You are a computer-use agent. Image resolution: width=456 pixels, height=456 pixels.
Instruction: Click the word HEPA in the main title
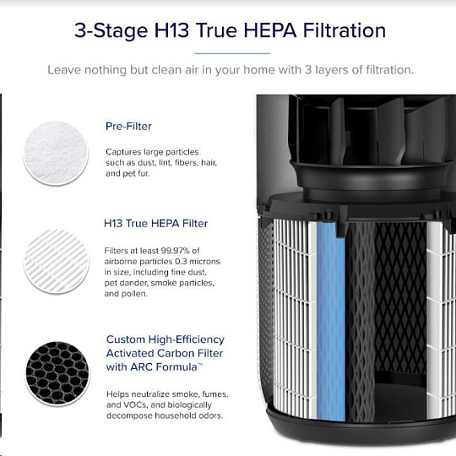pyautogui.click(x=270, y=30)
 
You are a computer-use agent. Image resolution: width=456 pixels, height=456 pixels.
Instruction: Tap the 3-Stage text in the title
pyautogui.click(x=111, y=31)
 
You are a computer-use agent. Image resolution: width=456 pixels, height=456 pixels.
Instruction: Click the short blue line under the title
pyautogui.click(x=232, y=53)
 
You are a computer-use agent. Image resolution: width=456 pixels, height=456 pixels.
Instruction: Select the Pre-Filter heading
pyautogui.click(x=128, y=126)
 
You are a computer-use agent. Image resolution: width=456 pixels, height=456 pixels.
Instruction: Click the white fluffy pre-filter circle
pyautogui.click(x=56, y=153)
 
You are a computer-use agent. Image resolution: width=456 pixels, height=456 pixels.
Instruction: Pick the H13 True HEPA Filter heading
pyautogui.click(x=156, y=223)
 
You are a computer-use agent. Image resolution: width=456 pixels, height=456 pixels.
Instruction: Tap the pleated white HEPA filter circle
pyautogui.click(x=57, y=261)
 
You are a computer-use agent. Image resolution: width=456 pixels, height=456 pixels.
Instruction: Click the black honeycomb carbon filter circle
pyautogui.click(x=57, y=373)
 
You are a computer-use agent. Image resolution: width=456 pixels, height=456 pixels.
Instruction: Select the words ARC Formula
pyautogui.click(x=164, y=367)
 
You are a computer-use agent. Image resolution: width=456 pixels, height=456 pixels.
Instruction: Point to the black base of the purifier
pyautogui.click(x=361, y=433)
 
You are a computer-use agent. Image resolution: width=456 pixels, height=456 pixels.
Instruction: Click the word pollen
pyautogui.click(x=137, y=294)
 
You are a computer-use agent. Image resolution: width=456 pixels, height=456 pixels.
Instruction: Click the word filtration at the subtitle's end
pyautogui.click(x=390, y=70)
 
